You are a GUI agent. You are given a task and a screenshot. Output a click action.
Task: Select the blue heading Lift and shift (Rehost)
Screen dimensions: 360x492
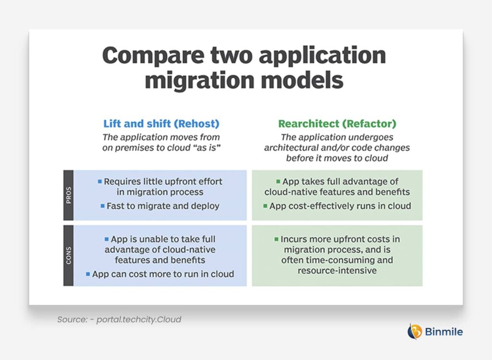coord(161,124)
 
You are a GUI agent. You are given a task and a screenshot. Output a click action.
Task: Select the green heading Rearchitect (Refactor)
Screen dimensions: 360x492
coord(337,124)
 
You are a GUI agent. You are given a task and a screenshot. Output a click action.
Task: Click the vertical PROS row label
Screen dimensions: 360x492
coord(68,195)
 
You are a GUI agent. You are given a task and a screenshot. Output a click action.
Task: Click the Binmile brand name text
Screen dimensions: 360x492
coord(444,332)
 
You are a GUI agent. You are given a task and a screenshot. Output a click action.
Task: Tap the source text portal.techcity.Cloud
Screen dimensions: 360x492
coord(138,319)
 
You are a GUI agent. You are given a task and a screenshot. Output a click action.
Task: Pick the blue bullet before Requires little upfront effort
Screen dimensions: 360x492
coord(100,182)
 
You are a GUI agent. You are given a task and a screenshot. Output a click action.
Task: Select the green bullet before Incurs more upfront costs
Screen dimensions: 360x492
coord(277,239)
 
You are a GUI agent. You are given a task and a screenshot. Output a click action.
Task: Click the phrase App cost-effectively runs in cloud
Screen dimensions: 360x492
coord(340,206)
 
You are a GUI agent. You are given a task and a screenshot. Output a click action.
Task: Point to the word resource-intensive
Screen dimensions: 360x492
coord(337,271)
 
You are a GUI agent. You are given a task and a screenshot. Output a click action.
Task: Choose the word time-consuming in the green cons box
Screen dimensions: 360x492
coord(332,260)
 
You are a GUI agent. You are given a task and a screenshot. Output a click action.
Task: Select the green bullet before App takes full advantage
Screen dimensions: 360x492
coord(278,182)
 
